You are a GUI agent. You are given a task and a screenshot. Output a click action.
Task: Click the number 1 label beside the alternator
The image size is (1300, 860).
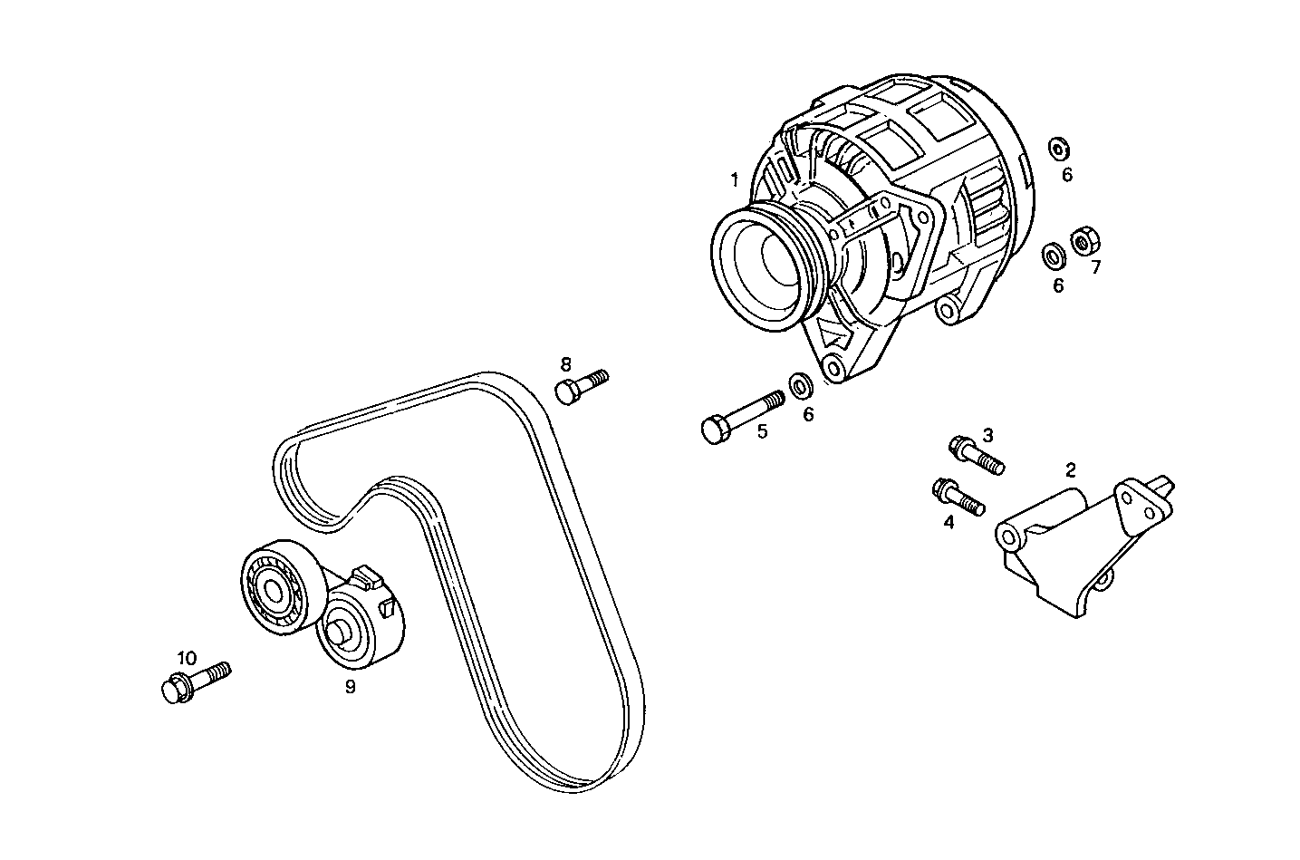tap(735, 179)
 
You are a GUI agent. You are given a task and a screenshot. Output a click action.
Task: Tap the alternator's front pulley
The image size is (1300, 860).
tap(759, 262)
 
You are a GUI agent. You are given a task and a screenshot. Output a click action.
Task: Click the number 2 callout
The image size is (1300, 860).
tap(1071, 469)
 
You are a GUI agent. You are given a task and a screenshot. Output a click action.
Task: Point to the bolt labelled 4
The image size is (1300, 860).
tap(957, 497)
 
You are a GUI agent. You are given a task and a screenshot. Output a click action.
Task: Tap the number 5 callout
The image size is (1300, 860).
tap(762, 431)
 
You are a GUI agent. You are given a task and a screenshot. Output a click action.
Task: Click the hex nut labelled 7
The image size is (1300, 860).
tap(1083, 241)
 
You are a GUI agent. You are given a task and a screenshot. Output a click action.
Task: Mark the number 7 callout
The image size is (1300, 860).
tap(1095, 267)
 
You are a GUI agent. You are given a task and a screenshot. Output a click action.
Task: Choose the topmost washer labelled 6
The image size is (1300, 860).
tap(1058, 148)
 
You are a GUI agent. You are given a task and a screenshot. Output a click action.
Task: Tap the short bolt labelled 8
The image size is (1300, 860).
tap(581, 385)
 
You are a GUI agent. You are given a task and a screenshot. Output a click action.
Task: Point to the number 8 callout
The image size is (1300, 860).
tap(566, 364)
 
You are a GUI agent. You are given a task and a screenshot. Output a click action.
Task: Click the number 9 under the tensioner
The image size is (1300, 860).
tap(350, 686)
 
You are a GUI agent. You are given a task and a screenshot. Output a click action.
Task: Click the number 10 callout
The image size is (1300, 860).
tap(186, 658)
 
